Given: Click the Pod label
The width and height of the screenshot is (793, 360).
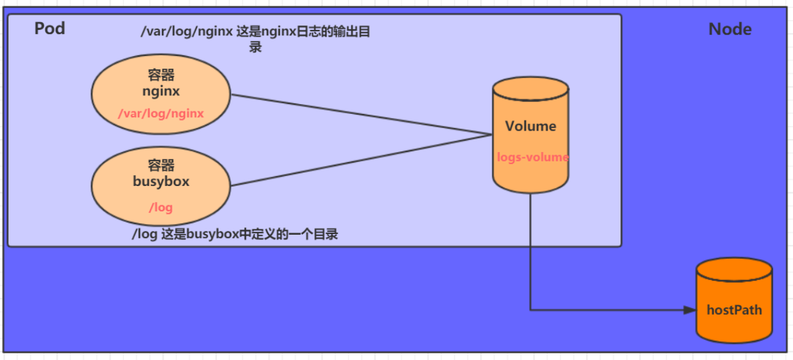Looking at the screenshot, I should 49,29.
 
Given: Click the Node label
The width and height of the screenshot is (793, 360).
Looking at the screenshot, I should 730,29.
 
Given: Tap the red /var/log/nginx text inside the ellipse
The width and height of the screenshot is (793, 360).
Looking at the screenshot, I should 161,113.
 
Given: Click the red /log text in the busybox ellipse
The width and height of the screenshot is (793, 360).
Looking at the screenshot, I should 161,207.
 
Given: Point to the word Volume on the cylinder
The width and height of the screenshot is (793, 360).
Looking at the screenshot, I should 530,126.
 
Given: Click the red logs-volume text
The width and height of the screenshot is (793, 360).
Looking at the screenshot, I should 532,157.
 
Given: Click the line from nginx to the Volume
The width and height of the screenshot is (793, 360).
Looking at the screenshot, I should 360,114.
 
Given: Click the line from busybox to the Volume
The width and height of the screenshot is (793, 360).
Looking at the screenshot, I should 360,160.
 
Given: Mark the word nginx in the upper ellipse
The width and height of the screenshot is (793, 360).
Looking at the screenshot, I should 161,91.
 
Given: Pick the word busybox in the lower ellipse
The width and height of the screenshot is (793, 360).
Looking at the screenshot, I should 161,181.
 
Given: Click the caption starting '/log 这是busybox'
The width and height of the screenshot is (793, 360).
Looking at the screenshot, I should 235,235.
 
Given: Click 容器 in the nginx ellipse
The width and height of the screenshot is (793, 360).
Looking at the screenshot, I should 161,75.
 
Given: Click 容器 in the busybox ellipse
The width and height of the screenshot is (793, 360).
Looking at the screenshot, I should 161,165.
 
